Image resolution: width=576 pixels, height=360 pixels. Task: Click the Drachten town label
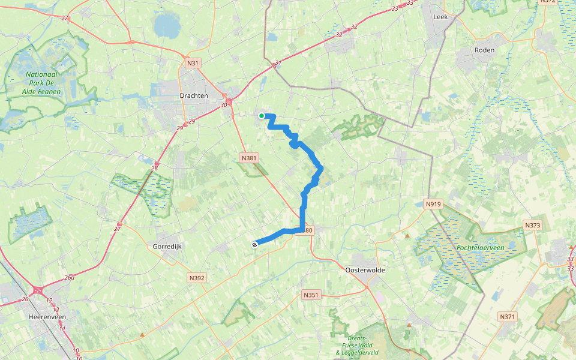[194, 95]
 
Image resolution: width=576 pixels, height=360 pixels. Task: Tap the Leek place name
[440, 17]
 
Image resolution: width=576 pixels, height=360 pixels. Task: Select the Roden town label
[484, 50]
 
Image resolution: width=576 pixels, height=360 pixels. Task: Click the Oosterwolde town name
[365, 270]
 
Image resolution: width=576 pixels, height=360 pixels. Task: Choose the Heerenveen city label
[46, 316]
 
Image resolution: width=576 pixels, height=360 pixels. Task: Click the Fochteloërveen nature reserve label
[479, 247]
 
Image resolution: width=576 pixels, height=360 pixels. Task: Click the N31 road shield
[192, 62]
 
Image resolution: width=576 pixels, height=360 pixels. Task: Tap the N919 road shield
[433, 204]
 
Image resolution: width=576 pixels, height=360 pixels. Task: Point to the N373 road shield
[532, 226]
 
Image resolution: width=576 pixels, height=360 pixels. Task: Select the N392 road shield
[197, 278]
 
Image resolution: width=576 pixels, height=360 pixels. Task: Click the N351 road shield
[310, 295]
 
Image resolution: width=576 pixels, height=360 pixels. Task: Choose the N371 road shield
[508, 316]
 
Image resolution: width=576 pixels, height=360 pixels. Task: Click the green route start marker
[262, 115]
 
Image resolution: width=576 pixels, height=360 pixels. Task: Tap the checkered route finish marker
[255, 244]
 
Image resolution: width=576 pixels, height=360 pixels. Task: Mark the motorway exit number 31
[278, 62]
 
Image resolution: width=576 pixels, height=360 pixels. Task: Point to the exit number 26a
[70, 277]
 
